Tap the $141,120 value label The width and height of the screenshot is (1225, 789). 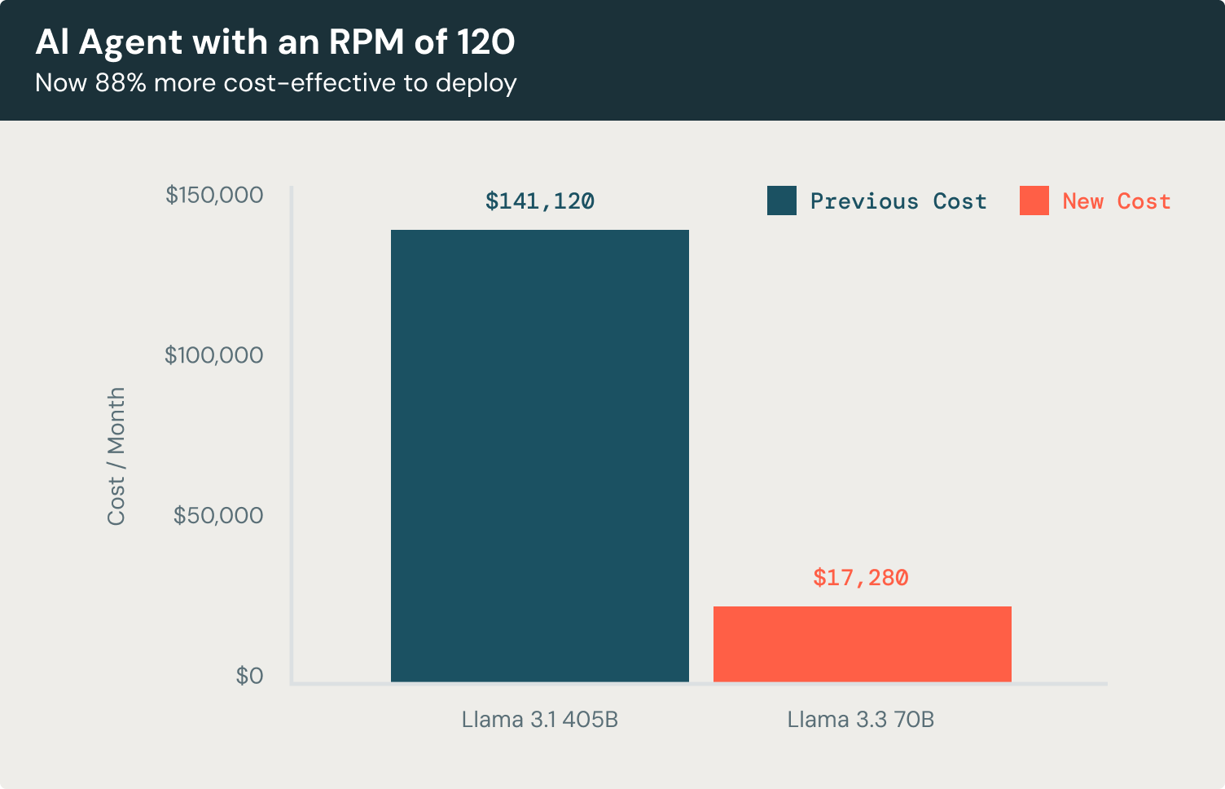[540, 201]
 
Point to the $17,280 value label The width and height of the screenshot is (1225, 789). [861, 578]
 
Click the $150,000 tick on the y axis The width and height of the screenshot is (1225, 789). [214, 195]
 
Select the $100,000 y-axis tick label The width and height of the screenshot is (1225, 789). [214, 355]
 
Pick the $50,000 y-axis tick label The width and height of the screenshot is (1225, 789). [218, 515]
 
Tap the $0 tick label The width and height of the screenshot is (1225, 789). [249, 676]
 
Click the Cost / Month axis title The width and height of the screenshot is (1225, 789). [116, 456]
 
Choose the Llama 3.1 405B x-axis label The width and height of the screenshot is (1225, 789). [539, 720]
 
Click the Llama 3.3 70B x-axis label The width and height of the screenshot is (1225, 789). [860, 720]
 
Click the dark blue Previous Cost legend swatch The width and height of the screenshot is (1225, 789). [782, 201]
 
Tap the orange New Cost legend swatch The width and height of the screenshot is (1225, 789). [1034, 201]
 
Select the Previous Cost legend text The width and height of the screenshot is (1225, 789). [898, 201]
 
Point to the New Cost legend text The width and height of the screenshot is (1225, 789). [1117, 201]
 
